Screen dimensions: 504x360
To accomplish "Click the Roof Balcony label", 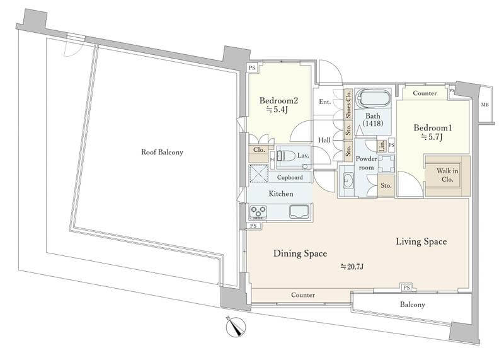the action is (x=162, y=152).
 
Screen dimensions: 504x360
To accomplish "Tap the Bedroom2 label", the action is (x=278, y=101).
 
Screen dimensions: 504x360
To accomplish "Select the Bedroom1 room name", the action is (x=433, y=128).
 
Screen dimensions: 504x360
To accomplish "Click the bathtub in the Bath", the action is (x=374, y=98).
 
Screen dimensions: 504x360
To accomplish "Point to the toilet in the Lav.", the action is (x=286, y=156).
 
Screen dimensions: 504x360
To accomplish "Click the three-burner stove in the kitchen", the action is (x=258, y=212).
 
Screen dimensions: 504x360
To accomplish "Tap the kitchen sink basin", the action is (x=299, y=212).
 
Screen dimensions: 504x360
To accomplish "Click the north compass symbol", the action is (x=236, y=327).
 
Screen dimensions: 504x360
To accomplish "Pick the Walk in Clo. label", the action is (x=447, y=175).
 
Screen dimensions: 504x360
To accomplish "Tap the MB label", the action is (x=484, y=105).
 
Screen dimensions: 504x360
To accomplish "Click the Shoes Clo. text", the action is (x=348, y=104).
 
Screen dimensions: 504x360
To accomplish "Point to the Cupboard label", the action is (x=290, y=177).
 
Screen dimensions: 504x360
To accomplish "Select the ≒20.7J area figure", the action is (x=352, y=267).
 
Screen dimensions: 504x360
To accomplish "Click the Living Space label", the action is (x=421, y=241).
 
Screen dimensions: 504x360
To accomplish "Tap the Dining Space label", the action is (x=301, y=253).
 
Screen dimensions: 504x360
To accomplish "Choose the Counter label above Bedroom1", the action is (x=425, y=93).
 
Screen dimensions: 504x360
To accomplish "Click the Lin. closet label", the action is (x=382, y=146).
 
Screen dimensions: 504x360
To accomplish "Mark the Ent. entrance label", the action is (x=324, y=102).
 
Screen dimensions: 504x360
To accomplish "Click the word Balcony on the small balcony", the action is (x=413, y=305).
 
